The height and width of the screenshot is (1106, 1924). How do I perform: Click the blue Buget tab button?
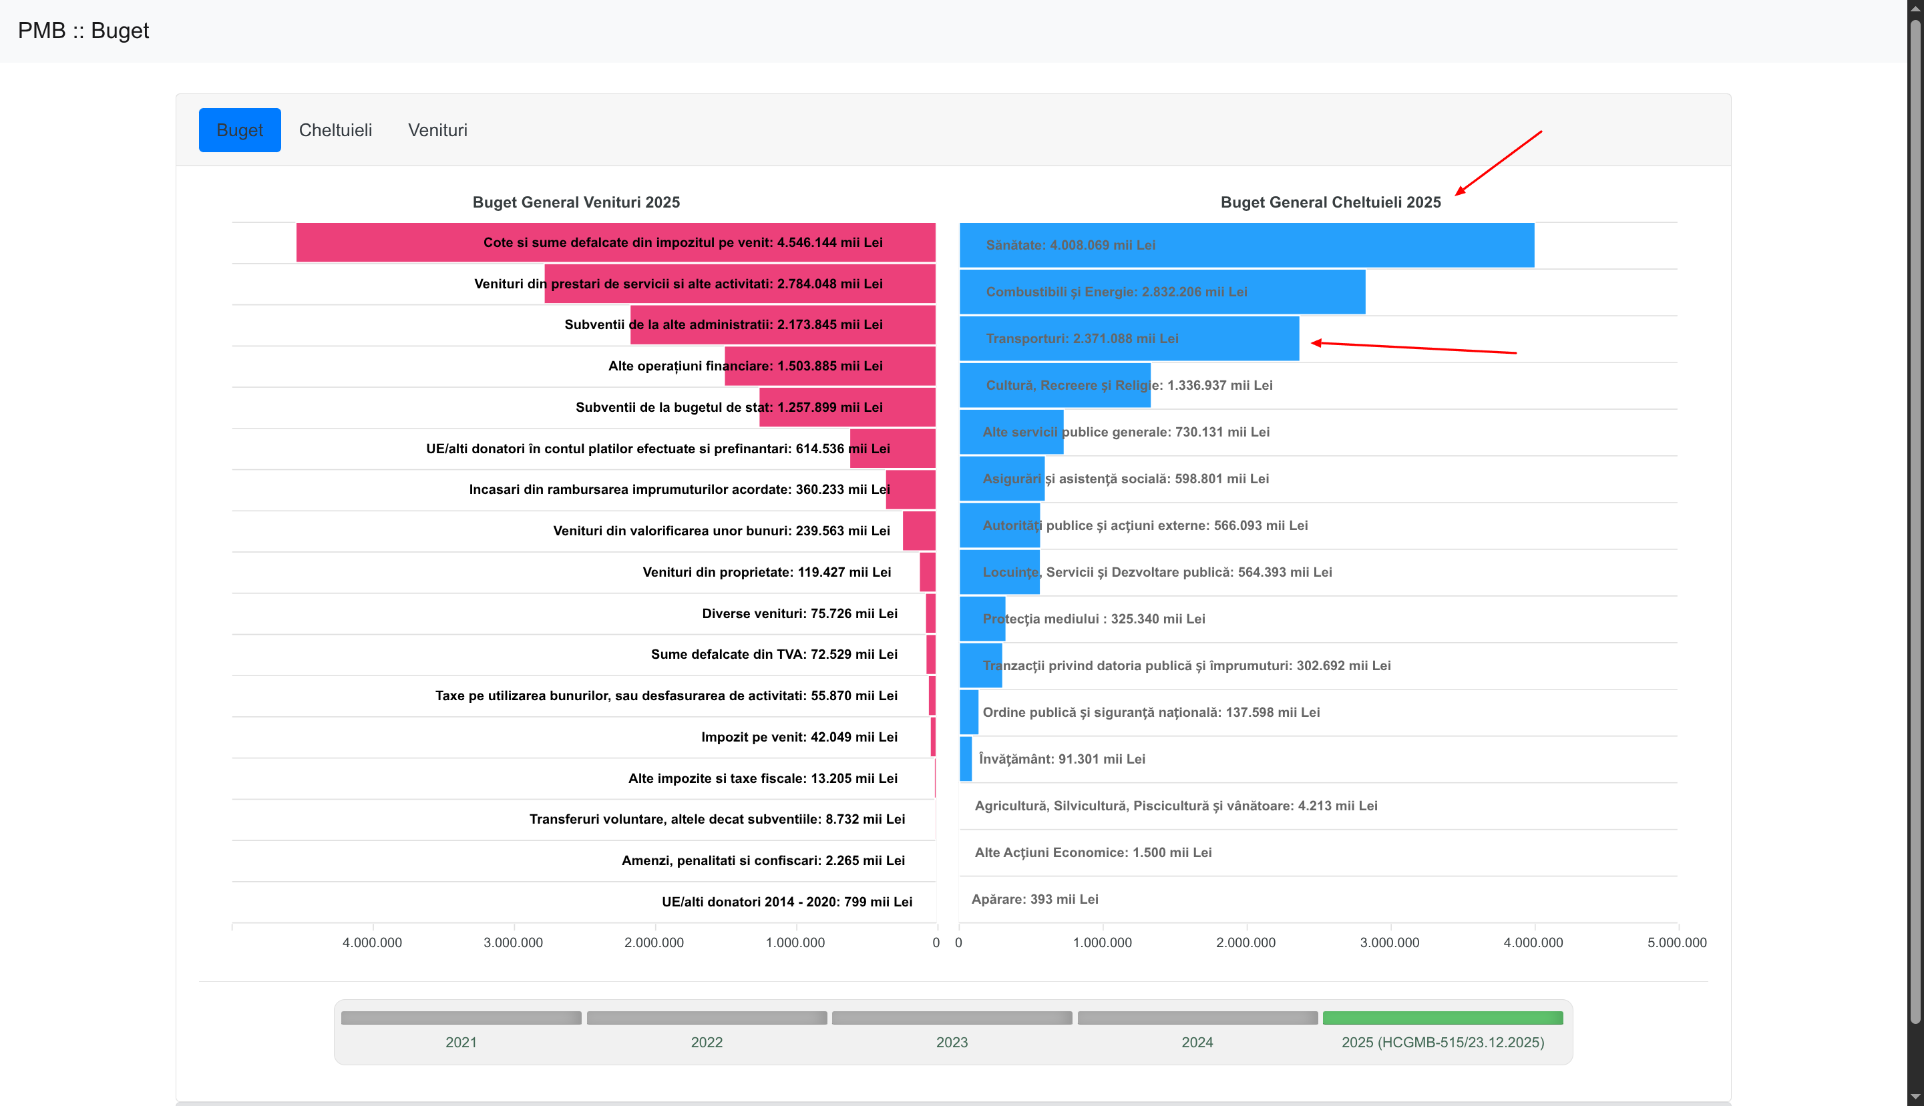(x=239, y=130)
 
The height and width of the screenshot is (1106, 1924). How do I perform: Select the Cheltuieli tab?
(x=335, y=130)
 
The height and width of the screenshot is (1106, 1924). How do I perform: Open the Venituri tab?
(x=437, y=130)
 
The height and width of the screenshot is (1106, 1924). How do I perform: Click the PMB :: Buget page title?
(x=83, y=31)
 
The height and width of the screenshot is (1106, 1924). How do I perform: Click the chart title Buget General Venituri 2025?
(x=576, y=202)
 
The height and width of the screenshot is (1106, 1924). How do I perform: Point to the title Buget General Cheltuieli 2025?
(x=1330, y=202)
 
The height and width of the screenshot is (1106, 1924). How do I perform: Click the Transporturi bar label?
(x=1081, y=339)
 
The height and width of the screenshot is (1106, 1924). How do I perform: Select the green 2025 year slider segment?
(x=1442, y=1018)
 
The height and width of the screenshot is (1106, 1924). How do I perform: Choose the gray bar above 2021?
(x=461, y=1018)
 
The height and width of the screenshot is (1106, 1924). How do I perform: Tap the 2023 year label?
(x=952, y=1042)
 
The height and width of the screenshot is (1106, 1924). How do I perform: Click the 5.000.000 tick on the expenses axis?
(x=1676, y=942)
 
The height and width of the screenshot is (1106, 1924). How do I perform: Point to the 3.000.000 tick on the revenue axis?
(x=513, y=942)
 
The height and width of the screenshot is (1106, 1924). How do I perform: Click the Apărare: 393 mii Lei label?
(x=1034, y=899)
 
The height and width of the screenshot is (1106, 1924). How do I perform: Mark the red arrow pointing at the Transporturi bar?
(x=1413, y=348)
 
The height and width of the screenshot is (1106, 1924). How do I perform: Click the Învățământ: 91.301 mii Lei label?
(x=1062, y=759)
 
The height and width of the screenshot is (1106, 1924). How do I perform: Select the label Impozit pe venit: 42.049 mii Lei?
(x=799, y=737)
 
